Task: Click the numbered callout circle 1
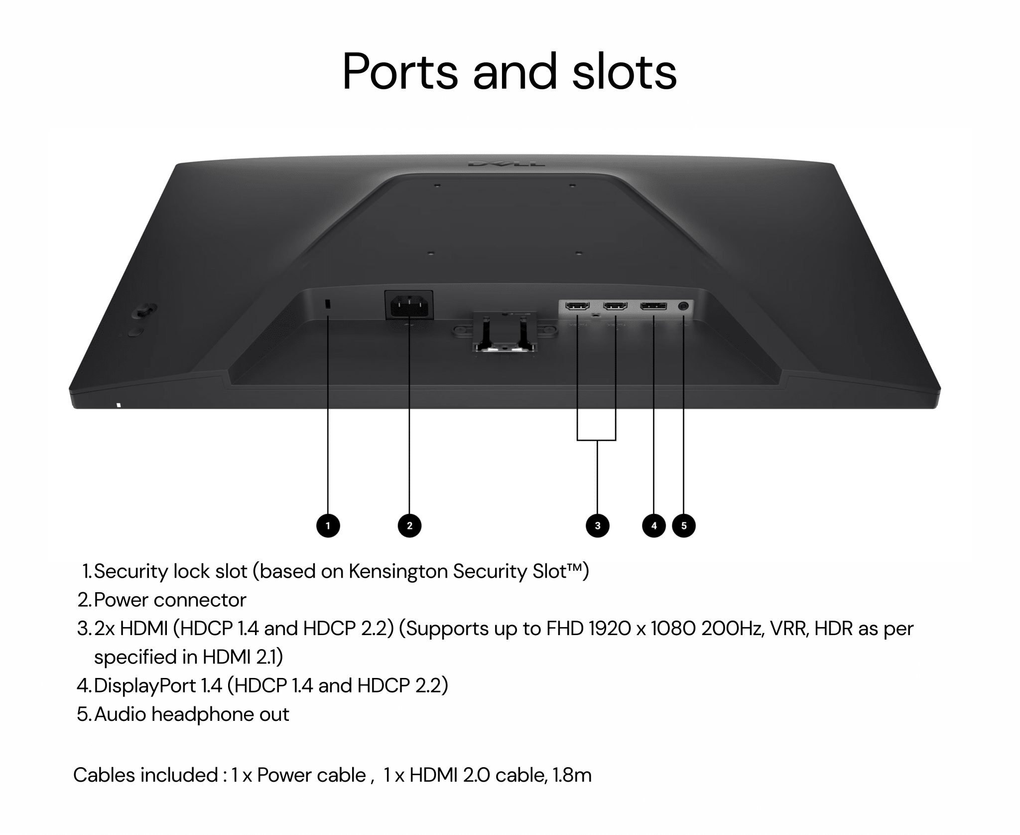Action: (x=328, y=525)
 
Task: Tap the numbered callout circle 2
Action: (x=409, y=525)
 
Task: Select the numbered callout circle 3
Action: (x=598, y=525)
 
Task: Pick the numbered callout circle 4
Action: (x=654, y=525)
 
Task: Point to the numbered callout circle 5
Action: (x=684, y=525)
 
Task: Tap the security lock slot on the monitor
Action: (x=328, y=304)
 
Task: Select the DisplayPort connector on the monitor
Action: (x=653, y=306)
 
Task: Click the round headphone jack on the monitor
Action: (x=683, y=306)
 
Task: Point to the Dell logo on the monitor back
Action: (x=506, y=164)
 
